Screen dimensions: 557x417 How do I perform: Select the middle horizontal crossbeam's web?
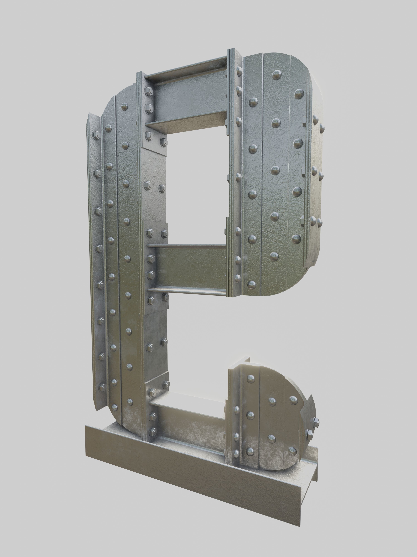(x=193, y=267)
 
